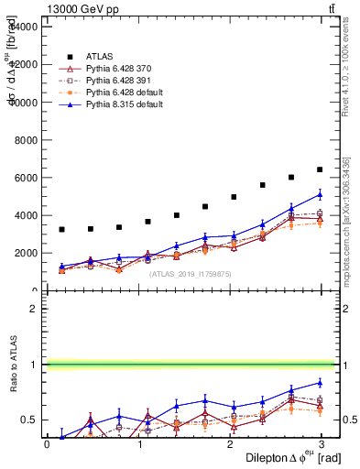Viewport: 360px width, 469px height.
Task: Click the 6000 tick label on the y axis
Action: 23,178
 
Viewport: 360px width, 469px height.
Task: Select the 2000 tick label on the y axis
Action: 23,254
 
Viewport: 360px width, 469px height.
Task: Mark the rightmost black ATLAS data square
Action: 320,169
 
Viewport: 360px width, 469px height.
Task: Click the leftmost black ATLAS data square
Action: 61,229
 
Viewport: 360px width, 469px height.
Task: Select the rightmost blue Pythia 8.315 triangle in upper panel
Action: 320,194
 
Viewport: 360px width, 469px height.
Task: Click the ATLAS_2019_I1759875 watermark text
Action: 191,273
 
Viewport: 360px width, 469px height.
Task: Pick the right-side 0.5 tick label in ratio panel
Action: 349,420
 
